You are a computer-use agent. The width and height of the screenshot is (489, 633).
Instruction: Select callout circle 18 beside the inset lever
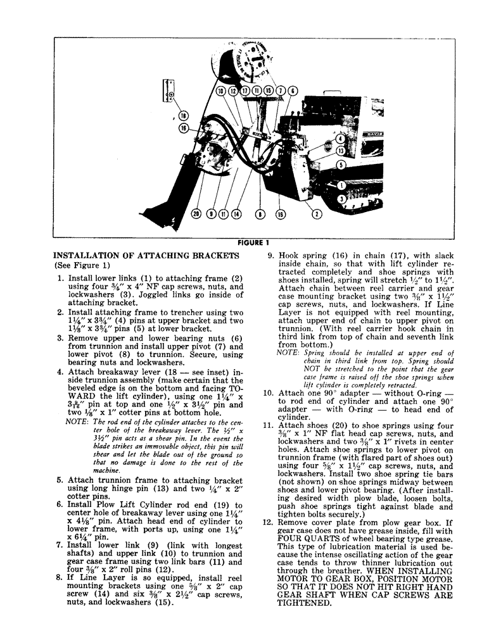pos(183,116)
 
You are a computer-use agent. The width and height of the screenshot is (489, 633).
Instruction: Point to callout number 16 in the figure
pos(184,128)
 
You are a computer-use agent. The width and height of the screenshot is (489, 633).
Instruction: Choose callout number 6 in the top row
pos(293,91)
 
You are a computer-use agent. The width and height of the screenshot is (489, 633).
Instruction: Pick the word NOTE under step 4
pos(77,420)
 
